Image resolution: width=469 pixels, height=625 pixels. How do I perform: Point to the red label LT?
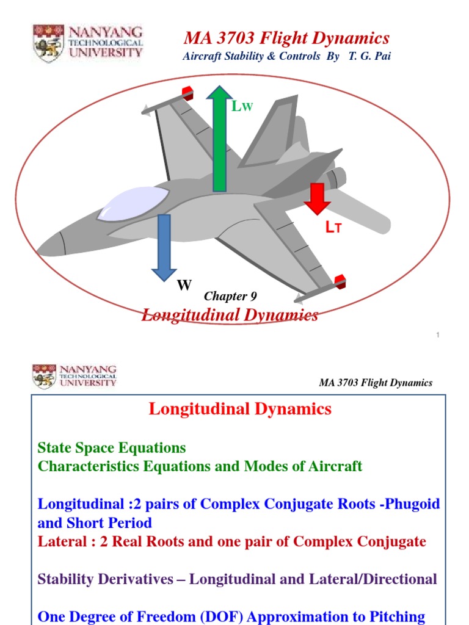tap(333, 228)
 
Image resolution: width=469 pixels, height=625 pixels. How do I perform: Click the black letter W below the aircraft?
tap(184, 285)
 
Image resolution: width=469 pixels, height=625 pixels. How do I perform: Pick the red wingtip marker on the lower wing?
tap(340, 281)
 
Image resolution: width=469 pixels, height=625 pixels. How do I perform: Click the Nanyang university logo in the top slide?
tap(88, 43)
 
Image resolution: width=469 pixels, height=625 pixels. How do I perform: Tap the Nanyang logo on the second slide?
tap(75, 376)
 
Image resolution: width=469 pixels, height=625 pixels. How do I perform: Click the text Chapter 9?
tap(230, 297)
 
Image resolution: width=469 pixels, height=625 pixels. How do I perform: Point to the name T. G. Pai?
tap(369, 56)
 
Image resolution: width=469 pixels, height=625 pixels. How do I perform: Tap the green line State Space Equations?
tap(112, 448)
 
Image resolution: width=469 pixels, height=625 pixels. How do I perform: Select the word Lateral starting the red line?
tap(60, 541)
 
